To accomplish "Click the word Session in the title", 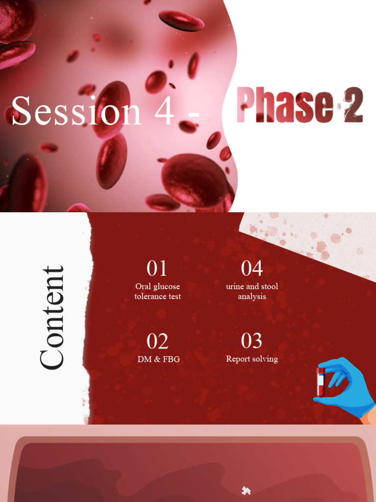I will tap(76, 111).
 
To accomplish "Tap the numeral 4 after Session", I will tap(164, 111).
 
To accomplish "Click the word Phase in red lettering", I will tap(282, 105).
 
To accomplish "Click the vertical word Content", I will tap(52, 318).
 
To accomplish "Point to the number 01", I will tap(157, 269).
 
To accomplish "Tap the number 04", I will tap(252, 269).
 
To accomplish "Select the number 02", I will tap(157, 342).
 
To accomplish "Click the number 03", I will tap(252, 341).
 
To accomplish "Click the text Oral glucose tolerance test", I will tap(158, 291).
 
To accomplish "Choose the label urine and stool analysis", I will tap(252, 291).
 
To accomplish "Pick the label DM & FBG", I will tap(158, 359).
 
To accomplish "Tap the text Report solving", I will tap(252, 359).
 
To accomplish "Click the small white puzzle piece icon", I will tap(246, 490).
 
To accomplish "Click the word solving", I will tap(264, 359).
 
